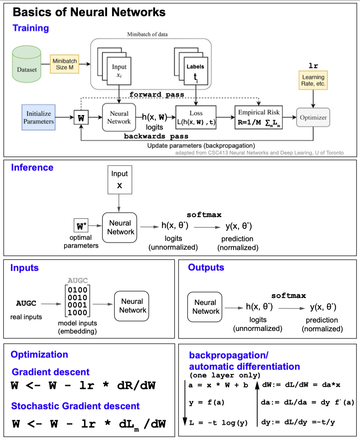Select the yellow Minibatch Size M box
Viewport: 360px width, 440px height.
click(65, 64)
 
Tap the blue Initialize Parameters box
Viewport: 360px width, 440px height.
click(38, 117)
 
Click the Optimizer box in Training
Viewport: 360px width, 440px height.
click(313, 117)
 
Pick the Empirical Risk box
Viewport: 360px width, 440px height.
click(259, 117)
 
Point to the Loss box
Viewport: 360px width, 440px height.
click(196, 117)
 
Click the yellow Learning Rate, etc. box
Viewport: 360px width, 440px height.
click(313, 80)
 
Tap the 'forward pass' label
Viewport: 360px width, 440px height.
click(157, 94)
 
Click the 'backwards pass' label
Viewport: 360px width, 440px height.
click(156, 136)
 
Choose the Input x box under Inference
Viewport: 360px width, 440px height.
click(119, 180)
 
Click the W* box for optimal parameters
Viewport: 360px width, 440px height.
click(80, 225)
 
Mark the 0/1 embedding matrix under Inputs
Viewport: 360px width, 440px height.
click(78, 301)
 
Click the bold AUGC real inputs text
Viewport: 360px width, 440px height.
click(26, 304)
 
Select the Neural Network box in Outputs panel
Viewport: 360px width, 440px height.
click(206, 307)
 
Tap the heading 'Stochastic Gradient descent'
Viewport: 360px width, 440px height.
click(75, 406)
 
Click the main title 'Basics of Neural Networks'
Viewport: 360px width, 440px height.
click(89, 13)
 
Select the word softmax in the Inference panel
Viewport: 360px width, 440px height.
click(204, 215)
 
